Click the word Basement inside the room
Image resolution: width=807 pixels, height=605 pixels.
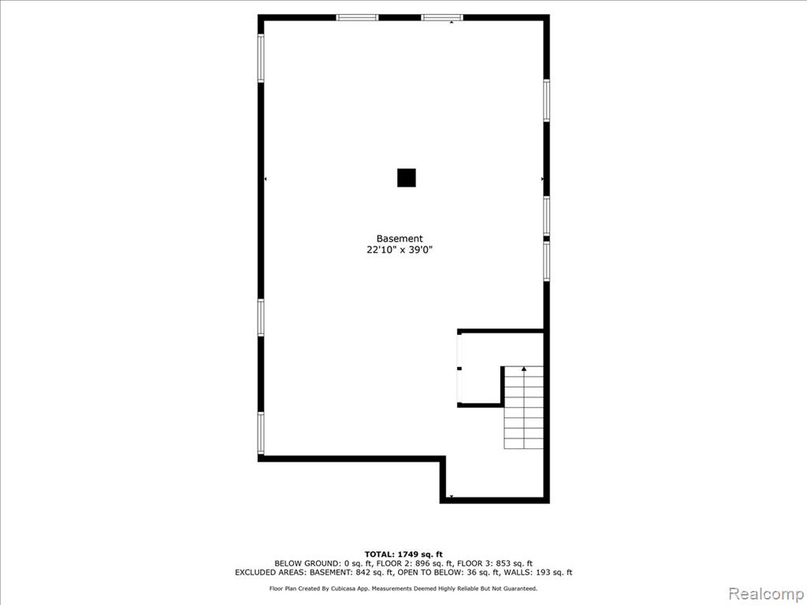point(400,239)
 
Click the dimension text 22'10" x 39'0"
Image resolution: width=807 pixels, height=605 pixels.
point(400,250)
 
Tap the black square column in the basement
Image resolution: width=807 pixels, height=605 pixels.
point(406,178)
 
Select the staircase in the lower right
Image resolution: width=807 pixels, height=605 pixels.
point(523,407)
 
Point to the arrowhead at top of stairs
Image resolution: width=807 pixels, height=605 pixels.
point(524,369)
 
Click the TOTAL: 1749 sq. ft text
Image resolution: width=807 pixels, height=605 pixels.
point(403,554)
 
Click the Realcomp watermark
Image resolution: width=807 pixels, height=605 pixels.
point(765,593)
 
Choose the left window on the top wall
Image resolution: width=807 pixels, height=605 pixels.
point(357,17)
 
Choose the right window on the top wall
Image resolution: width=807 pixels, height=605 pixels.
point(442,17)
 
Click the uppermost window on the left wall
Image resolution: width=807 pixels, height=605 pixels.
point(261,58)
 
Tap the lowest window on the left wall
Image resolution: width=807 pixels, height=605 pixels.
point(261,433)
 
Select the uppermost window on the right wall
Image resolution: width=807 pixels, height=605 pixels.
point(547,100)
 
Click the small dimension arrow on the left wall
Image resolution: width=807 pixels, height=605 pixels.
point(266,179)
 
